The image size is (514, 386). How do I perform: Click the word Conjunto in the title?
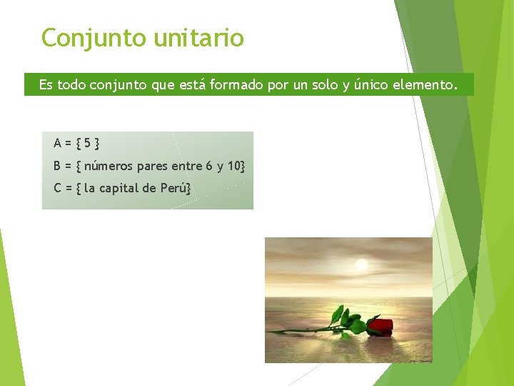94,37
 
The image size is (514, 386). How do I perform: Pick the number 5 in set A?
87,143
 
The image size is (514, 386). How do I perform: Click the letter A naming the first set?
57,143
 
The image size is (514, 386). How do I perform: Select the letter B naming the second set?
57,166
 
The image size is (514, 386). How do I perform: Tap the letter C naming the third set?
57,189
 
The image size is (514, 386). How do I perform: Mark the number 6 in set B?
208,166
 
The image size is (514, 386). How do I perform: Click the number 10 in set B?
234,166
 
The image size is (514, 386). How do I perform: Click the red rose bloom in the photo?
381,327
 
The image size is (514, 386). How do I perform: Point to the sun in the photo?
362,265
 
